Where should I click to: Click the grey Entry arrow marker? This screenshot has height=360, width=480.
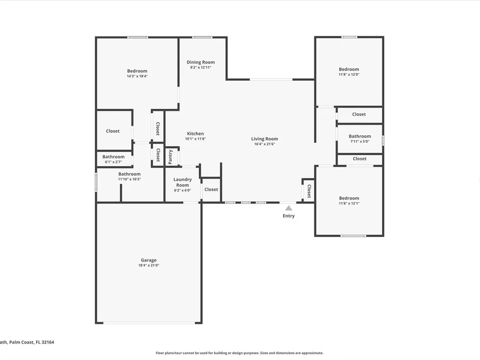point(288,208)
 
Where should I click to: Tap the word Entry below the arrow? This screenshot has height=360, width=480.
point(288,216)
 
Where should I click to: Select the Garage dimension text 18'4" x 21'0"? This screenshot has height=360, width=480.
point(149,265)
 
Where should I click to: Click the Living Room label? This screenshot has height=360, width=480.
point(264,139)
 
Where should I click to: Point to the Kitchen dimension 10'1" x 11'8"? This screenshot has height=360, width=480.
point(195,139)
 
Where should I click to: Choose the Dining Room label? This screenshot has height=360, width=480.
point(201,62)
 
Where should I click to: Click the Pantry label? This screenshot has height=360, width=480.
point(170,157)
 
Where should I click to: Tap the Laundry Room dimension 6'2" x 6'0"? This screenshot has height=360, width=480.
point(182,190)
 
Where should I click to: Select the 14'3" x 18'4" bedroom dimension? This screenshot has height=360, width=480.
point(137,76)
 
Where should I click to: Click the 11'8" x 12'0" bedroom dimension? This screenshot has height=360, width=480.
point(349,74)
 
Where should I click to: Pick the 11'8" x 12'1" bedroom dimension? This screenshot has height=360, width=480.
point(349,203)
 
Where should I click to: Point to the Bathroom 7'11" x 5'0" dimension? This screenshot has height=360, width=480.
point(360,142)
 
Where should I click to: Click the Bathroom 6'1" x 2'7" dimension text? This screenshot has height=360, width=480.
point(113,162)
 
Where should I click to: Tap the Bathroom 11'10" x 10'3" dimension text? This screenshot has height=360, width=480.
point(130,179)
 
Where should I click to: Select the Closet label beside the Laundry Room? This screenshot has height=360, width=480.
point(211,190)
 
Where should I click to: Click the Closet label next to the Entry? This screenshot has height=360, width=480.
point(309,191)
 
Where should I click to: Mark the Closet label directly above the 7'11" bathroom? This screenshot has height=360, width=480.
point(359,114)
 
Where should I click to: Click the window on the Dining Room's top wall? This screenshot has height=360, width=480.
point(202,37)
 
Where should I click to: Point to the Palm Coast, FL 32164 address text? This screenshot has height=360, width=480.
point(32,342)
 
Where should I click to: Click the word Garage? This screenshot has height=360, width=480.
point(149,260)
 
